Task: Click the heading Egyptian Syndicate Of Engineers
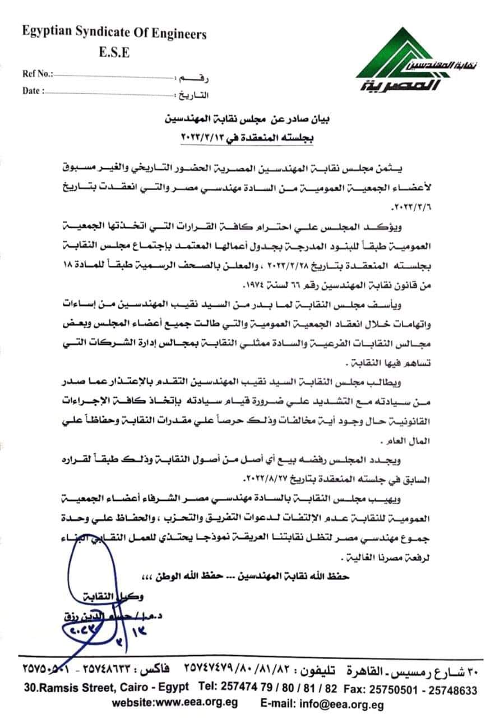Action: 114,34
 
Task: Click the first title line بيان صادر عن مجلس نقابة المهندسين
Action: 247,119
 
